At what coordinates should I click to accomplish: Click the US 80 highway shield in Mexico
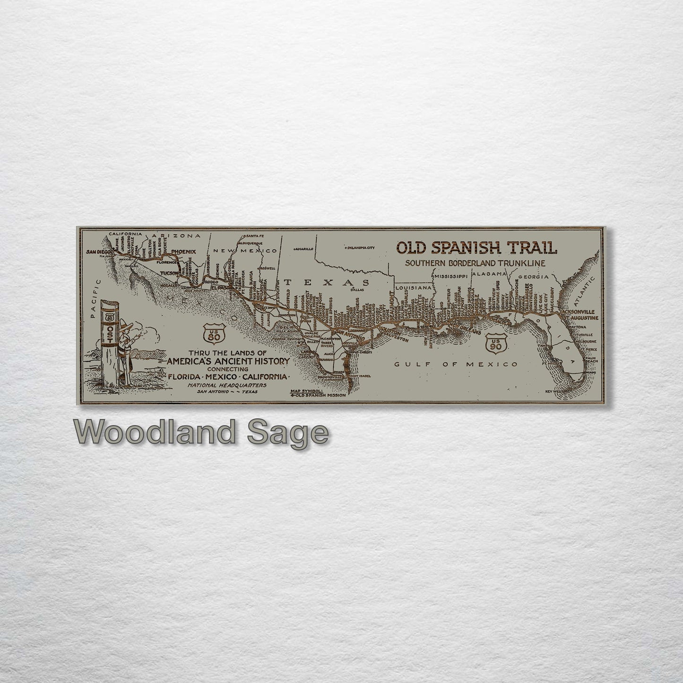pyautogui.click(x=210, y=334)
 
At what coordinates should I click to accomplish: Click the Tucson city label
pyautogui.click(x=169, y=273)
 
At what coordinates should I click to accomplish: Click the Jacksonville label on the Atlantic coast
pyautogui.click(x=579, y=312)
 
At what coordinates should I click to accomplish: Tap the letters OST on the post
pyautogui.click(x=109, y=335)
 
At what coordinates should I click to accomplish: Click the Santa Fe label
pyautogui.click(x=255, y=236)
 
